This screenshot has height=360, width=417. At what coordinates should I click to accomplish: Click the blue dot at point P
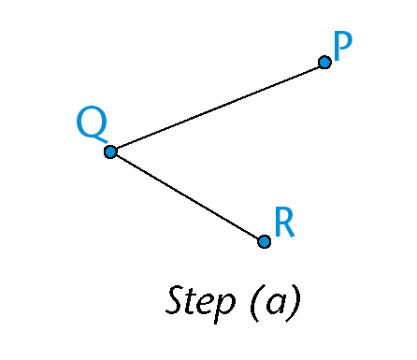coord(324,63)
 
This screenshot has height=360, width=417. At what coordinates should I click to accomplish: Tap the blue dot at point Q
coord(110,151)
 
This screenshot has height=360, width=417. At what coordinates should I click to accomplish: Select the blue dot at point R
coord(264,241)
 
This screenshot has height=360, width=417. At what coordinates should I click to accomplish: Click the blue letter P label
coord(342,45)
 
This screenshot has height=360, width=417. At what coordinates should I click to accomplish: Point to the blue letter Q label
coord(92,122)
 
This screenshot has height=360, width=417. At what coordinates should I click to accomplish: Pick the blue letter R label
coord(284,222)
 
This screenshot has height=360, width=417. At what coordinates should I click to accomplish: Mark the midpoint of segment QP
coord(217,108)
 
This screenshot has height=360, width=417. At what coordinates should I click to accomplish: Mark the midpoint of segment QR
coord(187,196)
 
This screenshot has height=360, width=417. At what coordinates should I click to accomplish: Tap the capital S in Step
coord(176,299)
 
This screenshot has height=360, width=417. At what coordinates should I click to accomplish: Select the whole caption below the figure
coord(233,301)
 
